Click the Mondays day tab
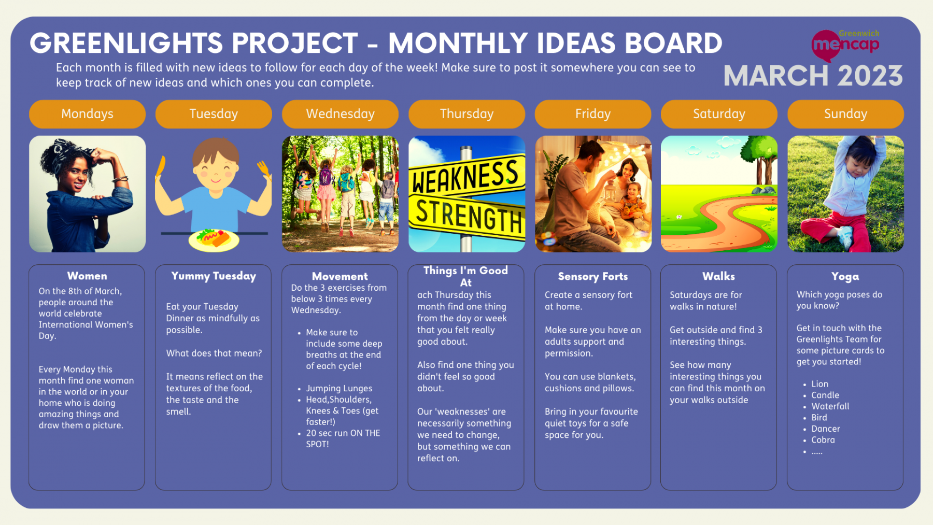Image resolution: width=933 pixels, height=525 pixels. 87,114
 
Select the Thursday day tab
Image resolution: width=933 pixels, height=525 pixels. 466,114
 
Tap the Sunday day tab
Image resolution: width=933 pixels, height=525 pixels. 845,114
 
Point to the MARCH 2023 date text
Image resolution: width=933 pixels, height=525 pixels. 813,76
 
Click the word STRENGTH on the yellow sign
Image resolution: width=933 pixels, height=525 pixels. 468,215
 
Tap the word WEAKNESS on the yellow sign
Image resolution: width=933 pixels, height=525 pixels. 465,177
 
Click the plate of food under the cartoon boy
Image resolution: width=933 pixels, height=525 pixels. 214,239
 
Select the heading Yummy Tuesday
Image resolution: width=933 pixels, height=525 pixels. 214,276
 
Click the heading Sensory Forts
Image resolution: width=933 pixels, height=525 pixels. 592,276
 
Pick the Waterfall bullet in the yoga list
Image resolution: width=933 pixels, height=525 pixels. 830,406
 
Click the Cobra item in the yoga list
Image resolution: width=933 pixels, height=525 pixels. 823,440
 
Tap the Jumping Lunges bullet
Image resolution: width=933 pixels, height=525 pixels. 338,388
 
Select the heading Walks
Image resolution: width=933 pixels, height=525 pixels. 718,276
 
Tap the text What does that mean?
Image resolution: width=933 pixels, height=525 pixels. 214,353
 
